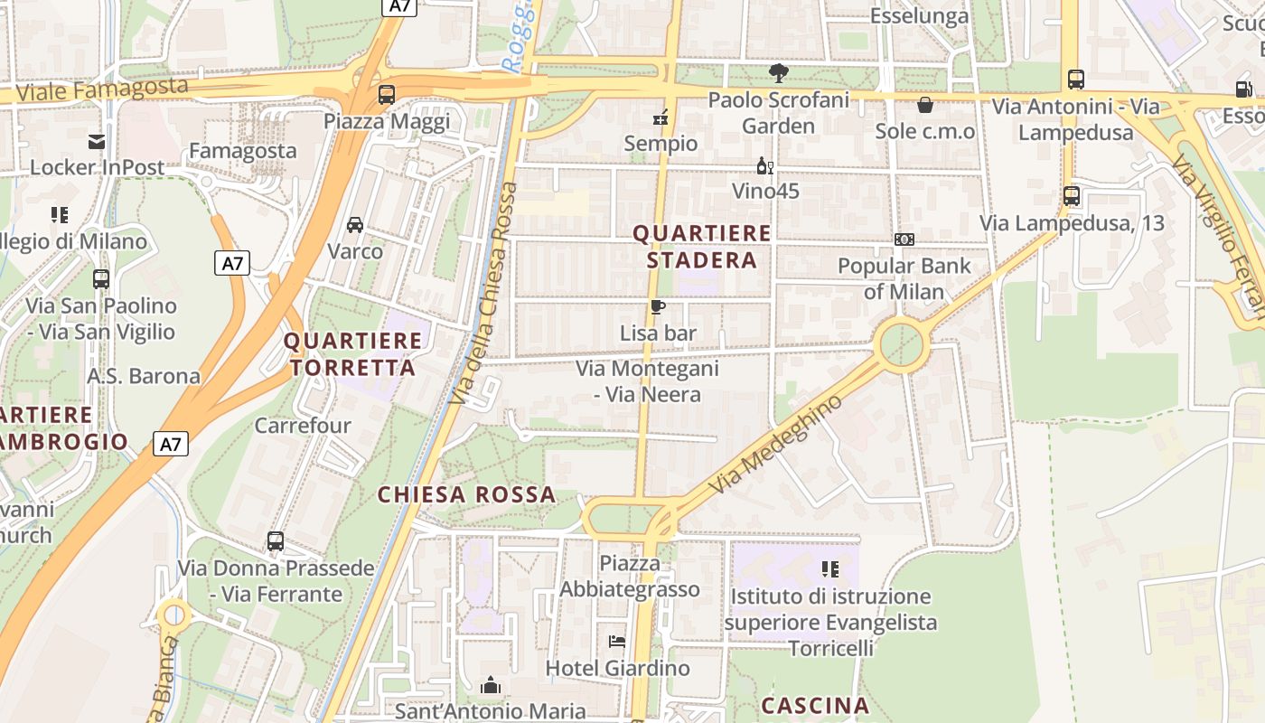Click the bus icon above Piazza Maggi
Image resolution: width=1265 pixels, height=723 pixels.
point(386,94)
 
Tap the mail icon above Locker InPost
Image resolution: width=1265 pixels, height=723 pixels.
point(97,141)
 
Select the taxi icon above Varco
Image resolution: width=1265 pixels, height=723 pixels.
point(355,224)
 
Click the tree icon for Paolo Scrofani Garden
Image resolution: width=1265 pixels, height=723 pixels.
point(778,73)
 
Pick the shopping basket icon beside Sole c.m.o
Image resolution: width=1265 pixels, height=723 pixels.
point(924,105)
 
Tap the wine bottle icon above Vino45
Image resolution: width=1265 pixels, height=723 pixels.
point(764,165)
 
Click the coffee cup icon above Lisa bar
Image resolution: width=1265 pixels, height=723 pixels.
point(658,307)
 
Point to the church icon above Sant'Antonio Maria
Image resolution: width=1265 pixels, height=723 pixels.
point(491,685)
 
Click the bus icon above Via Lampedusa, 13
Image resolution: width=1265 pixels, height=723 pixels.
point(1071,195)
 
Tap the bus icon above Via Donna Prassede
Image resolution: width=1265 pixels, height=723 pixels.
point(276,541)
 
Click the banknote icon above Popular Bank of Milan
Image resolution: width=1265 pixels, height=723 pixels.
point(904,239)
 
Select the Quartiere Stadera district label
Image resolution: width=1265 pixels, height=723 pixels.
point(702,247)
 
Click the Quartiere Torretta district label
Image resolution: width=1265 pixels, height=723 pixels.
point(352,354)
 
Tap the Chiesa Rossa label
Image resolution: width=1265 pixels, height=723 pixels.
point(466,495)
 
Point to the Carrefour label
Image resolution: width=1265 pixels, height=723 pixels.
point(303,425)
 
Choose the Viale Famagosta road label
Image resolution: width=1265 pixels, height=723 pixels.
point(102,89)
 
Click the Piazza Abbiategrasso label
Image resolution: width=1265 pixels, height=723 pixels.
point(630,577)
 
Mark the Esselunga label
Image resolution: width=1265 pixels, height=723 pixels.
point(919,15)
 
